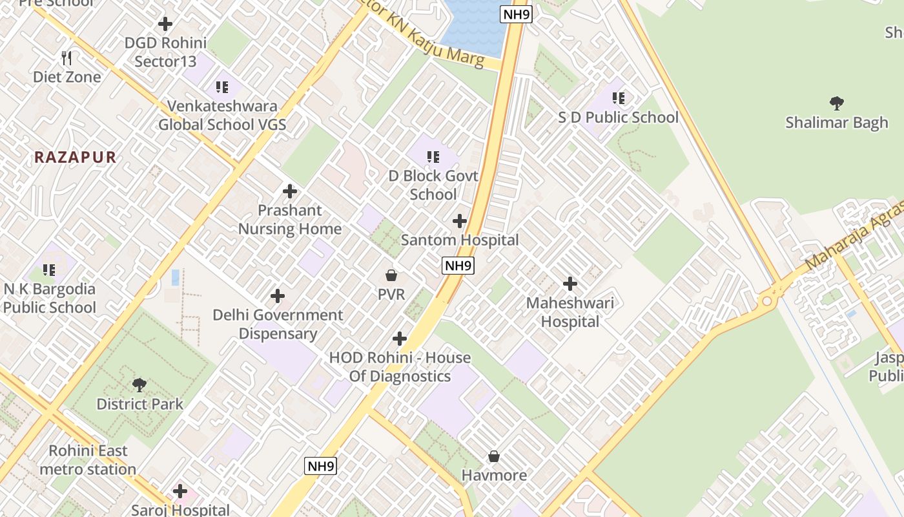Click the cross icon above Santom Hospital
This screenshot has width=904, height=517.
pos(460,222)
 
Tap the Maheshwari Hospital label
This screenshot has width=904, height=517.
pos(570,312)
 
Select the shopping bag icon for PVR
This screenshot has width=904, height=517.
pos(391,276)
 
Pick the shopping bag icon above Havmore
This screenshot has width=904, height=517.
pos(494,457)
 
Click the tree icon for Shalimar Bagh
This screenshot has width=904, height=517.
pos(837,103)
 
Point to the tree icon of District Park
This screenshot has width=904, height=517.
pos(139,386)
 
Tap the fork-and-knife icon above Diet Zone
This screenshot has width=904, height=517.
pos(67,59)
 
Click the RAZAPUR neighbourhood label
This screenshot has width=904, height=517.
pos(76,157)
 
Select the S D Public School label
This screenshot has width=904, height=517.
pos(618,118)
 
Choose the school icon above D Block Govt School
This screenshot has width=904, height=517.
pos(433,157)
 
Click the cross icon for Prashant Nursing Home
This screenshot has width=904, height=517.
pos(290,191)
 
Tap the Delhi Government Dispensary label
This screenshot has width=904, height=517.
pos(278,324)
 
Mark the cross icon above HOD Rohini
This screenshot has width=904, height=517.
pos(400,339)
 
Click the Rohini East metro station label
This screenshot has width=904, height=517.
pos(88,460)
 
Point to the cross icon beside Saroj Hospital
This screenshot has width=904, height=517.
pos(180,491)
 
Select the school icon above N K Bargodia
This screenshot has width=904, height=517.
pos(49,270)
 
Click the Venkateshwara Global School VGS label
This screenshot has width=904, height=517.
pos(222,115)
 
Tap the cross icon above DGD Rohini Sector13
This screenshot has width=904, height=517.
pos(165,24)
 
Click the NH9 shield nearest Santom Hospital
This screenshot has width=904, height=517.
pos(458,265)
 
